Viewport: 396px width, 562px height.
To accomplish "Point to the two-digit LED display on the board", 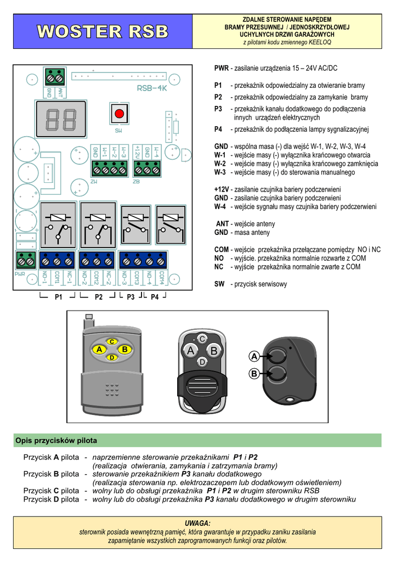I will (60, 119).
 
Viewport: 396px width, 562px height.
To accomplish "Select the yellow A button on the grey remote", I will (99, 350).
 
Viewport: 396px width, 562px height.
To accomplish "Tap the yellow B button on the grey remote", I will (125, 350).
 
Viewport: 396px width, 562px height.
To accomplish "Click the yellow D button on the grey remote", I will (111, 358).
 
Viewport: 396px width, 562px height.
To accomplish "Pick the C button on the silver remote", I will (202, 339).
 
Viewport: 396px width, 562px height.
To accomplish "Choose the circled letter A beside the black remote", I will (254, 357).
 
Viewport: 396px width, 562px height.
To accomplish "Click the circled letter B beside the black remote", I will (254, 374).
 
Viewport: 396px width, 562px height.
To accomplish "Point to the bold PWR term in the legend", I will (221, 69).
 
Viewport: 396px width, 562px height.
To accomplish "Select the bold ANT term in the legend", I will (222, 224).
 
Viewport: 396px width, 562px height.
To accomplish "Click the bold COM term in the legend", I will (222, 250).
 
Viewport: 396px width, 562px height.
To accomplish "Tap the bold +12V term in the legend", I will (222, 189).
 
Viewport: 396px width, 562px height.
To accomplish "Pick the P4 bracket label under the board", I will (155, 297).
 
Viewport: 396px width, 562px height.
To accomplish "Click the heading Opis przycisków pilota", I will (56, 441).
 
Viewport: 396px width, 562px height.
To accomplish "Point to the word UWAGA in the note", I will (197, 524).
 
